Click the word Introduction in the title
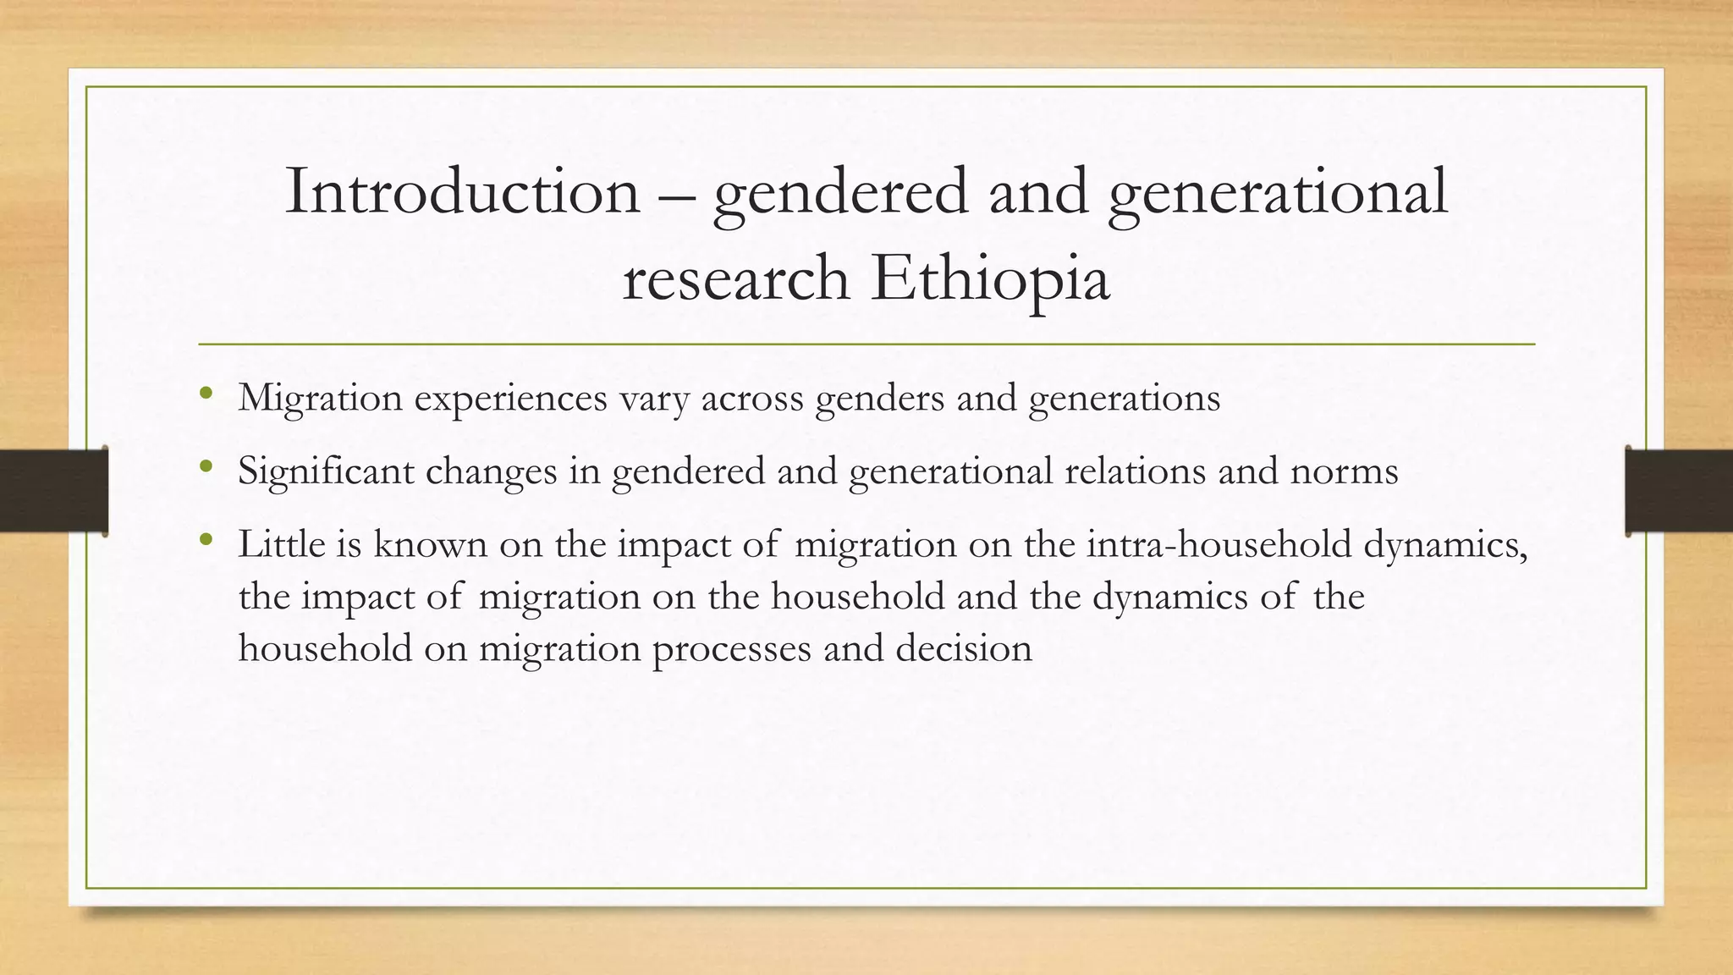point(462,192)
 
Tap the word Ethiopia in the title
point(990,278)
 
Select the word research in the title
point(735,280)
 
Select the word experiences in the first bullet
point(510,399)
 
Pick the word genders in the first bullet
point(879,399)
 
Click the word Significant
point(325,471)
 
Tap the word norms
point(1344,471)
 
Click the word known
point(431,543)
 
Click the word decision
point(964,648)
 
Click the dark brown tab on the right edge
point(1679,491)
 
